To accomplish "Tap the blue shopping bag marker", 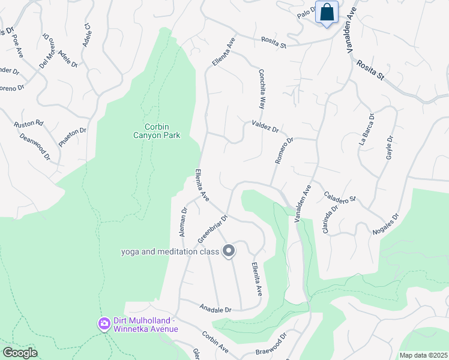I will coord(327,13).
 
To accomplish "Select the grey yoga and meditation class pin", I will coord(228,251).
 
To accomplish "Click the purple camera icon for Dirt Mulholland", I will coord(104,324).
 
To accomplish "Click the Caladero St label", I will coord(340,196).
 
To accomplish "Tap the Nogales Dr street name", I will coord(387,226).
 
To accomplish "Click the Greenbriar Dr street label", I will coord(212,230).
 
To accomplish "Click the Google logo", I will coord(20,353).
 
